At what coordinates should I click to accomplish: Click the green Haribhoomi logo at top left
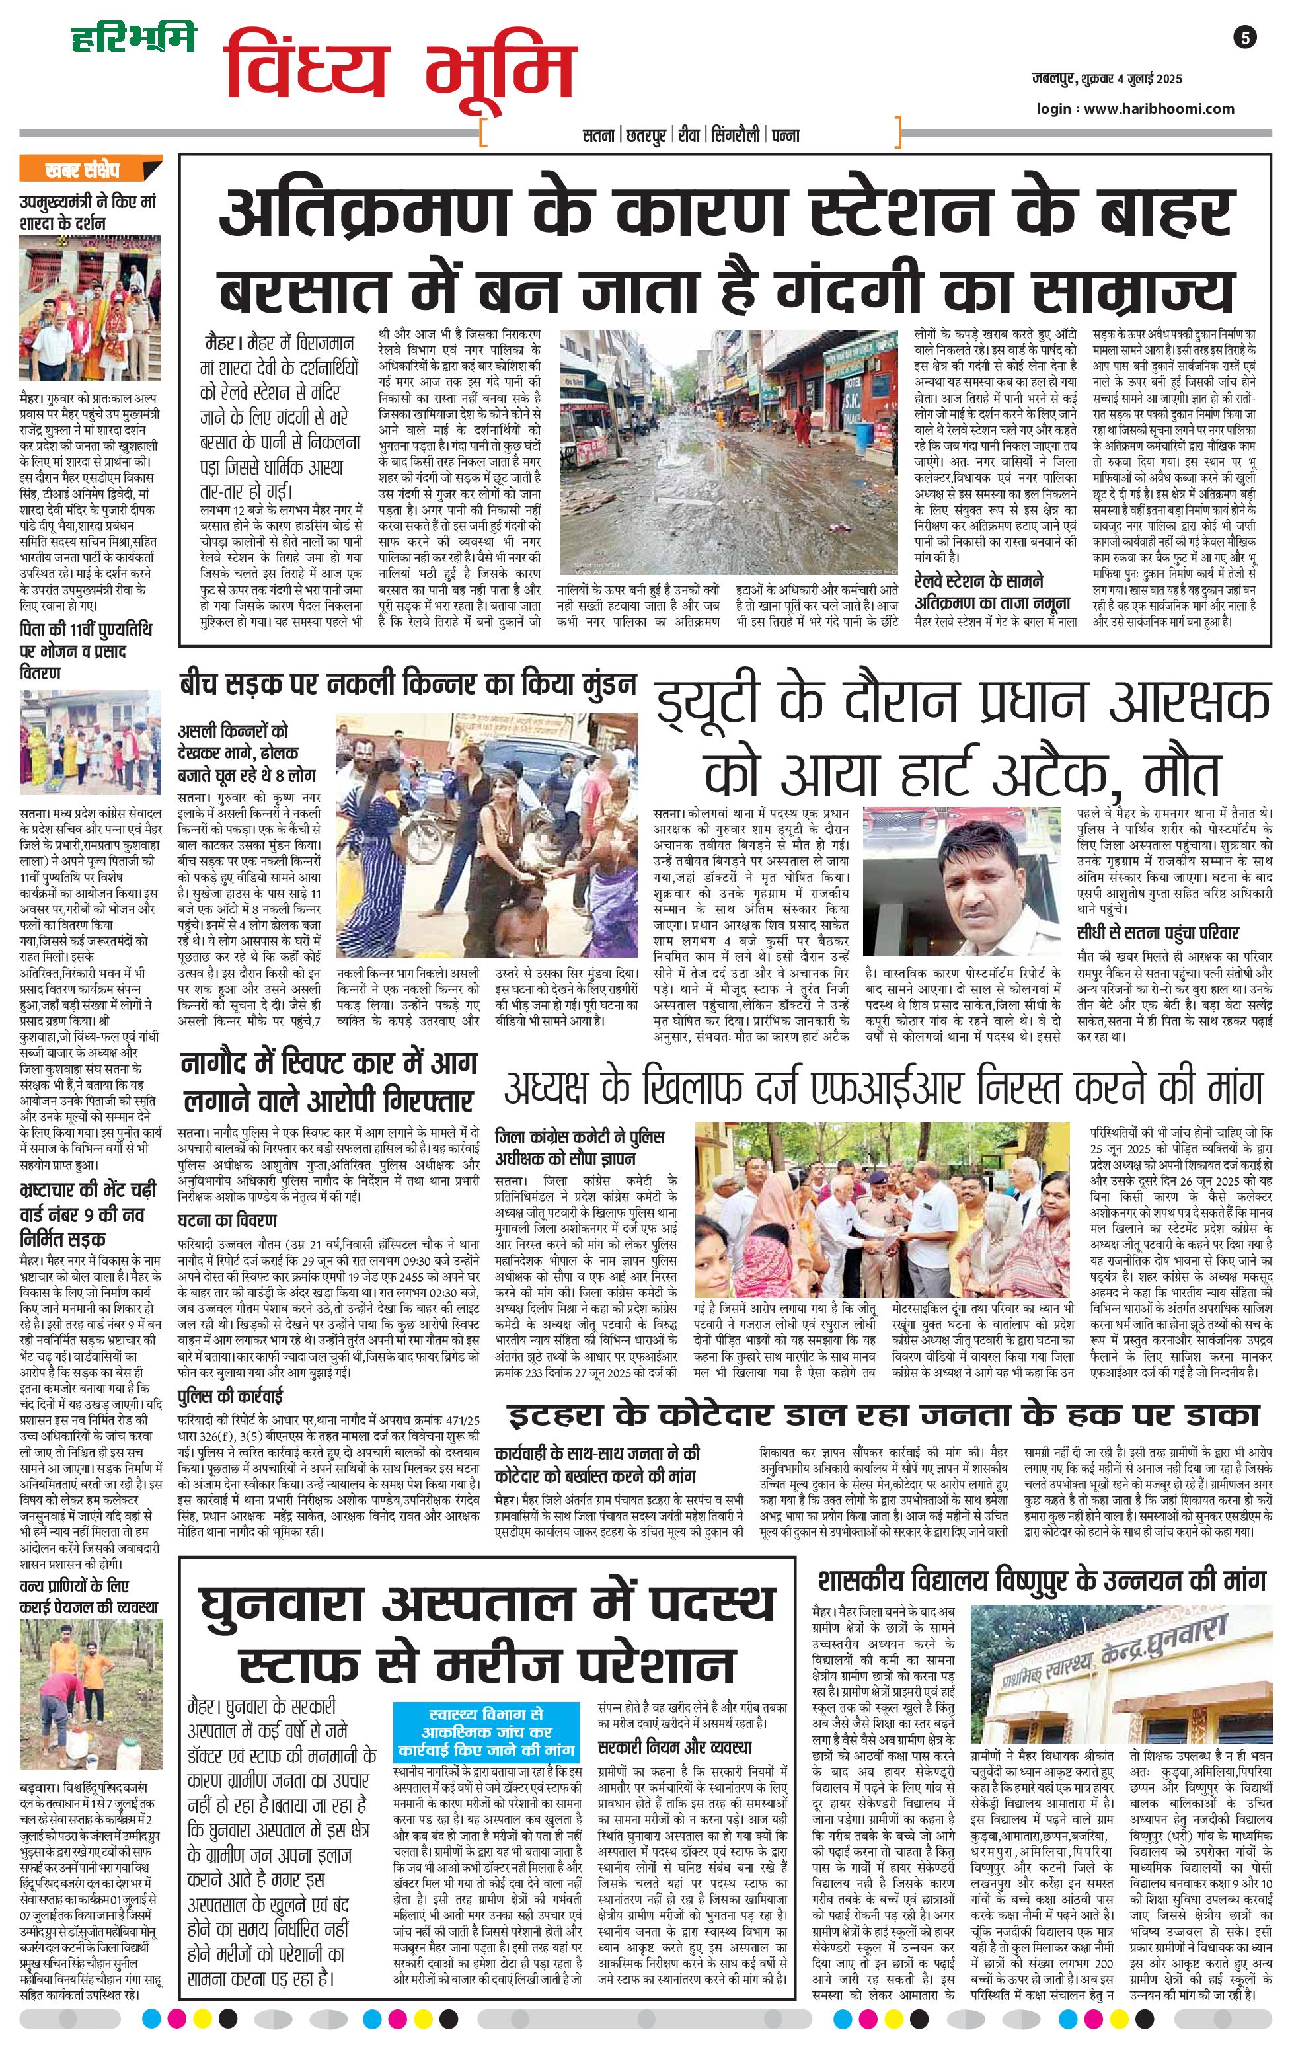click(133, 38)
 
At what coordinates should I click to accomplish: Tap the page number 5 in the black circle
click(1244, 38)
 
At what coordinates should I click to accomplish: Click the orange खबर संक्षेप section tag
click(90, 169)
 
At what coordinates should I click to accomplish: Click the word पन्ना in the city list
click(785, 134)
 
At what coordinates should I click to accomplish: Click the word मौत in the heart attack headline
click(1182, 771)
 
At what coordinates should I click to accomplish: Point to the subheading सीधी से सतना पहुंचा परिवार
click(1158, 933)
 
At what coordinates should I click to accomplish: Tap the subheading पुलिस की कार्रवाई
click(231, 1397)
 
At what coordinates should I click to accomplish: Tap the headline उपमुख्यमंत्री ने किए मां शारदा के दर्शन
click(89, 212)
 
